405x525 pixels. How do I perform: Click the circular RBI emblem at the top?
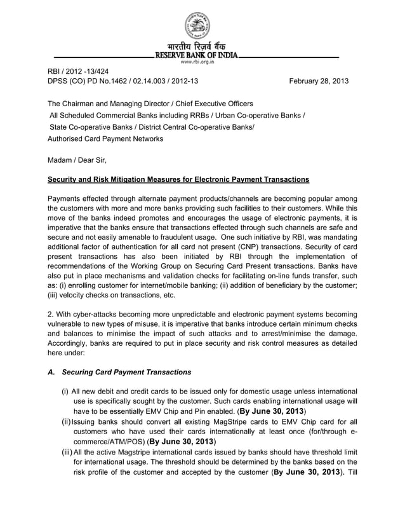coord(197,25)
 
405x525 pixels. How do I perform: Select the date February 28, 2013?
coord(319,81)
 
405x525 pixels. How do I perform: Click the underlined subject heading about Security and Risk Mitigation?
coord(178,180)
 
